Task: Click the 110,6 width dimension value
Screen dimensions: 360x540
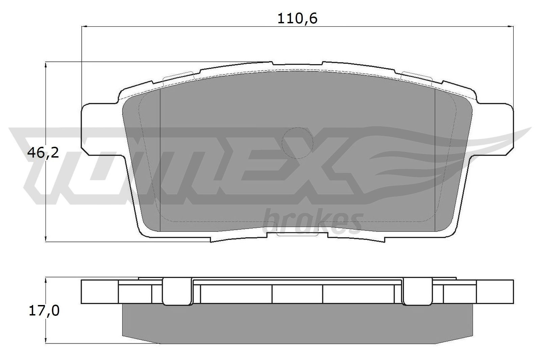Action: coord(297,19)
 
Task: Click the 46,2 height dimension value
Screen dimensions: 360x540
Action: coord(43,153)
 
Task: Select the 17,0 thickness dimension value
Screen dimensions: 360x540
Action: coord(44,311)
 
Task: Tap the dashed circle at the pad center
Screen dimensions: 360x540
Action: coord(297,143)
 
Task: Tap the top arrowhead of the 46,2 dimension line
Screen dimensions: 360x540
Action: coord(46,64)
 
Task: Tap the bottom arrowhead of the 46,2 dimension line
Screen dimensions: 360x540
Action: coord(46,239)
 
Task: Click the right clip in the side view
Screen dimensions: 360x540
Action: coord(418,292)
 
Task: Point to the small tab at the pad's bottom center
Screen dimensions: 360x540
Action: coord(297,233)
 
